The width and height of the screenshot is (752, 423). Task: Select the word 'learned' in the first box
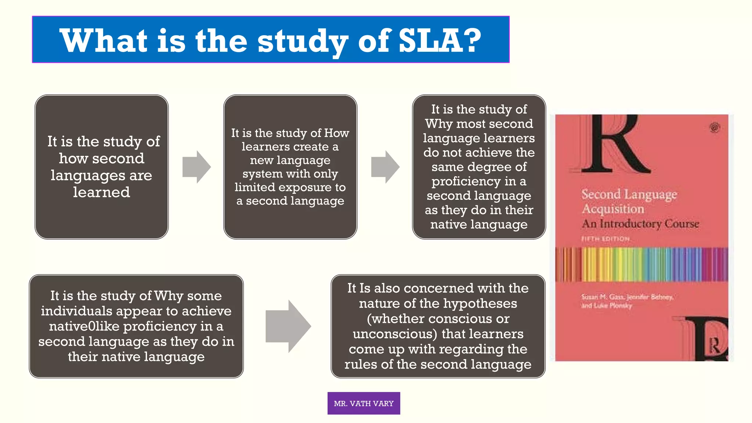coord(101,192)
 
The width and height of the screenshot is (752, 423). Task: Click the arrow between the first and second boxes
coord(196,167)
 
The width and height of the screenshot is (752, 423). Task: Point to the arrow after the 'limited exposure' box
coord(385,167)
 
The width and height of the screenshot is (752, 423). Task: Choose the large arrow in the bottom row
coord(288,326)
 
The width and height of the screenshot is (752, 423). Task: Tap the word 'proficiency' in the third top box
coord(474,181)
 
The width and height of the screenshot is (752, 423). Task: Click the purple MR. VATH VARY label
coord(364,403)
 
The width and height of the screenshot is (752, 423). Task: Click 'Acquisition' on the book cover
coord(613,209)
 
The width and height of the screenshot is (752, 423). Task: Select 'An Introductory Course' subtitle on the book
coord(640,224)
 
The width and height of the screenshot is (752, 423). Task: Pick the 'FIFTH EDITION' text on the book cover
coord(605,239)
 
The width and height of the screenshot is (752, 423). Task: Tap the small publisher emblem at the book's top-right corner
coord(714,128)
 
